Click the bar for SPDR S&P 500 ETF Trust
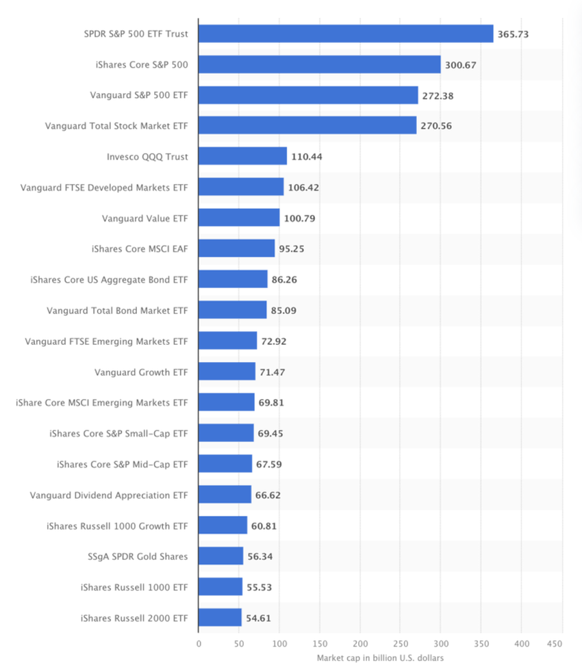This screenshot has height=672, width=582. (x=346, y=34)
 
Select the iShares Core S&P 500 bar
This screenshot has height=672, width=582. (x=320, y=64)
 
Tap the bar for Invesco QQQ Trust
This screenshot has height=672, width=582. (x=242, y=156)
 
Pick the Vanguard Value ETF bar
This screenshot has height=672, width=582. (x=239, y=218)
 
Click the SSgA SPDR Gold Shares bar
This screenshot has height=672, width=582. (x=220, y=556)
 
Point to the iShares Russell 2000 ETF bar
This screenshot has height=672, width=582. (x=220, y=617)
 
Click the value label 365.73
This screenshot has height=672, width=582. (x=514, y=34)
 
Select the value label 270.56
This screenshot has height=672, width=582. (x=436, y=126)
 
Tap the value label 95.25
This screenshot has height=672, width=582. (x=292, y=248)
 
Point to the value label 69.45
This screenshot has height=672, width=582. (x=270, y=433)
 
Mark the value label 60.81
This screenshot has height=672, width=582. (x=264, y=526)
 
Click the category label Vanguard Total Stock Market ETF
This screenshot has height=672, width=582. (x=116, y=126)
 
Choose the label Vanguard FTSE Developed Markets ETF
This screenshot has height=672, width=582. (x=104, y=187)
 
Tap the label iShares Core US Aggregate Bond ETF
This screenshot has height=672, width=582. (x=109, y=279)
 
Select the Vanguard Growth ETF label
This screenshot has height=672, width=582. (x=141, y=372)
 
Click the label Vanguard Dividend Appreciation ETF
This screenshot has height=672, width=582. (x=109, y=494)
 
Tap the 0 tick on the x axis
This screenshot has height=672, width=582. (x=199, y=643)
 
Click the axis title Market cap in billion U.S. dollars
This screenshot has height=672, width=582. (x=380, y=658)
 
